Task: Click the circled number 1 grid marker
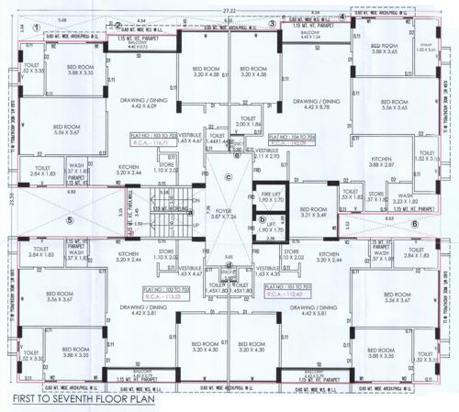pos(37,28)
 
